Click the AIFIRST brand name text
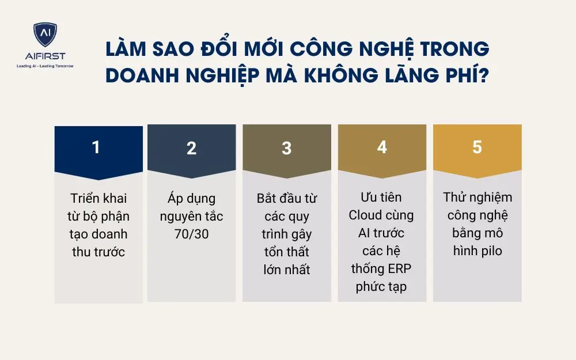click(x=45, y=56)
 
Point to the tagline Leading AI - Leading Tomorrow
click(x=45, y=66)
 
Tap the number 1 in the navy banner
click(x=96, y=147)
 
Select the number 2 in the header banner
click(x=191, y=148)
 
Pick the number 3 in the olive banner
click(x=286, y=148)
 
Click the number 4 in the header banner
click(x=382, y=147)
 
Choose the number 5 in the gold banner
click(x=477, y=147)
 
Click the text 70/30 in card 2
click(x=191, y=234)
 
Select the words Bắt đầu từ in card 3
click(x=287, y=199)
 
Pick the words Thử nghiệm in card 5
click(x=478, y=198)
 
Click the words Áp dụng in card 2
click(x=191, y=199)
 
